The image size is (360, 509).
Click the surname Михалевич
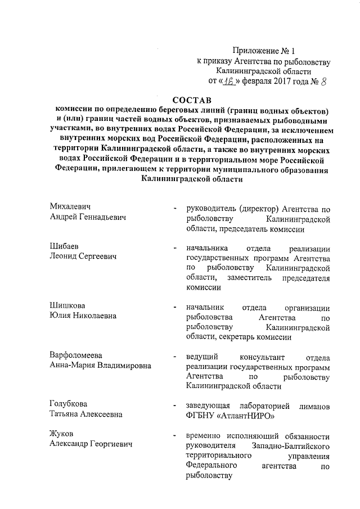coord(70,207)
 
